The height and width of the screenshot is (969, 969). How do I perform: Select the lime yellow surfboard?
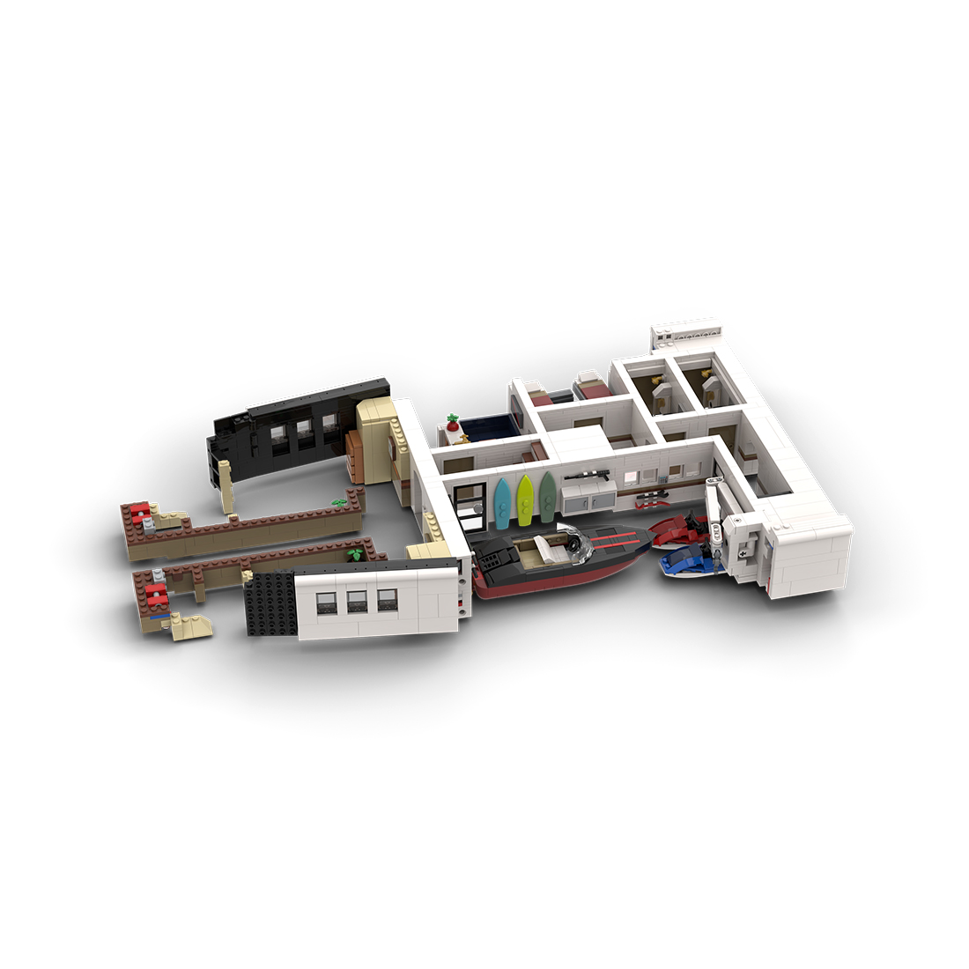[525, 498]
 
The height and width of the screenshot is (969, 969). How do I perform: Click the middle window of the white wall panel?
[358, 601]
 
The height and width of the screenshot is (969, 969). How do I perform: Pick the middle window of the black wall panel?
[304, 431]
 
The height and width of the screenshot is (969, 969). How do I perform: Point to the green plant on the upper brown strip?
[338, 501]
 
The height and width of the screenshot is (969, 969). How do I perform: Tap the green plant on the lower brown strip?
[355, 554]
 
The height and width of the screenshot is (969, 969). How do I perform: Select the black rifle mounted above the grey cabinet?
[586, 477]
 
